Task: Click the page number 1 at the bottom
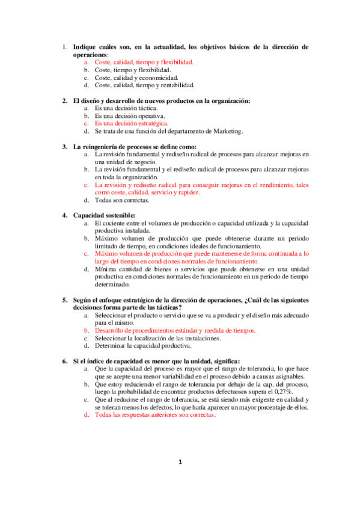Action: [x=180, y=479]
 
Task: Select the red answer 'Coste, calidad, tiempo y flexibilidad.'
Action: [x=144, y=62]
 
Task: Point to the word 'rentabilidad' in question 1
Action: [x=174, y=85]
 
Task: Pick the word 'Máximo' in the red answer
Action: [x=106, y=254]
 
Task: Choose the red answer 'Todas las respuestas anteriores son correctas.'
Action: [x=154, y=415]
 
